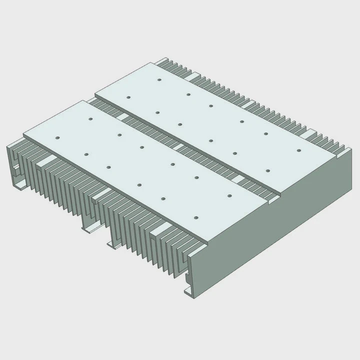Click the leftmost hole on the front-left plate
click(57, 137)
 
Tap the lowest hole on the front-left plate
click(195, 217)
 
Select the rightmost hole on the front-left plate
click(230, 195)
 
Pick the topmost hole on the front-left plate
click(90, 119)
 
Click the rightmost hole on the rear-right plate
click(298, 150)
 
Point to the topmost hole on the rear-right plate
click(158, 79)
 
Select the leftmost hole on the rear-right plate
click(128, 97)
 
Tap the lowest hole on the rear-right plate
click(267, 171)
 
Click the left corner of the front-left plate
click(24, 134)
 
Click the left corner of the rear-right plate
click(95, 90)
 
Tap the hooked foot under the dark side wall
click(190, 292)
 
